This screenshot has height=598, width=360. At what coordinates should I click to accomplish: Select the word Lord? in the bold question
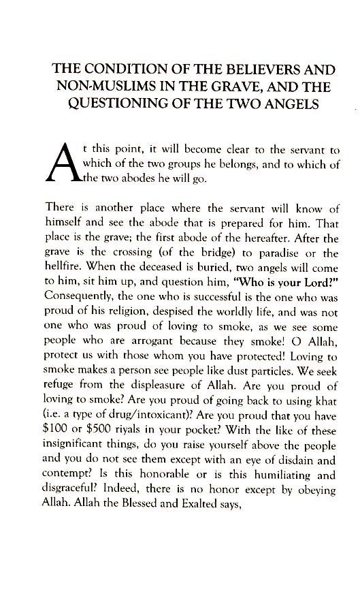click(x=317, y=286)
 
